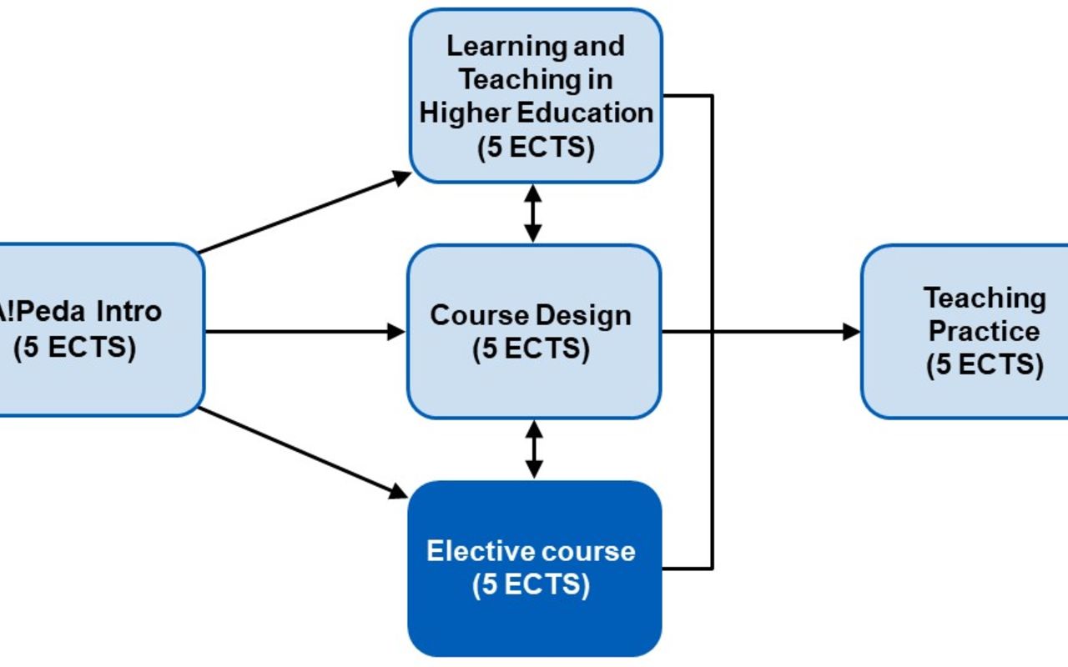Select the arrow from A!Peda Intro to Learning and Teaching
(305, 213)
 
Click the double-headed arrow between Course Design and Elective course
(534, 449)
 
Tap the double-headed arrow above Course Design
(534, 213)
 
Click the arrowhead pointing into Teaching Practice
(851, 332)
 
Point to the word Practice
(985, 331)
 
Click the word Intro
(128, 312)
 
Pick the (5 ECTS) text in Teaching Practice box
(985, 365)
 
